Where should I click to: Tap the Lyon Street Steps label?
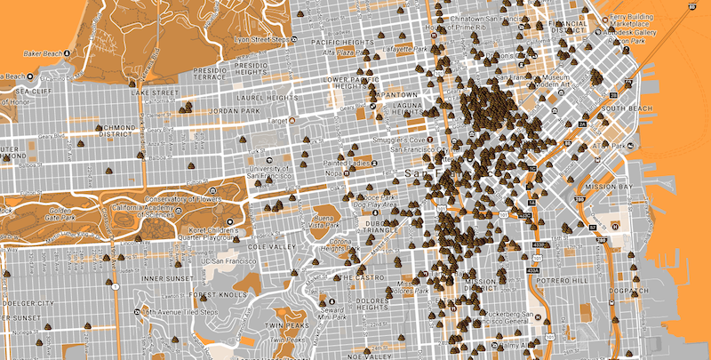click(264, 40)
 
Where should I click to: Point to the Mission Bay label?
click(614, 188)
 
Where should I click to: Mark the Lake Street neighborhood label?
click(155, 92)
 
